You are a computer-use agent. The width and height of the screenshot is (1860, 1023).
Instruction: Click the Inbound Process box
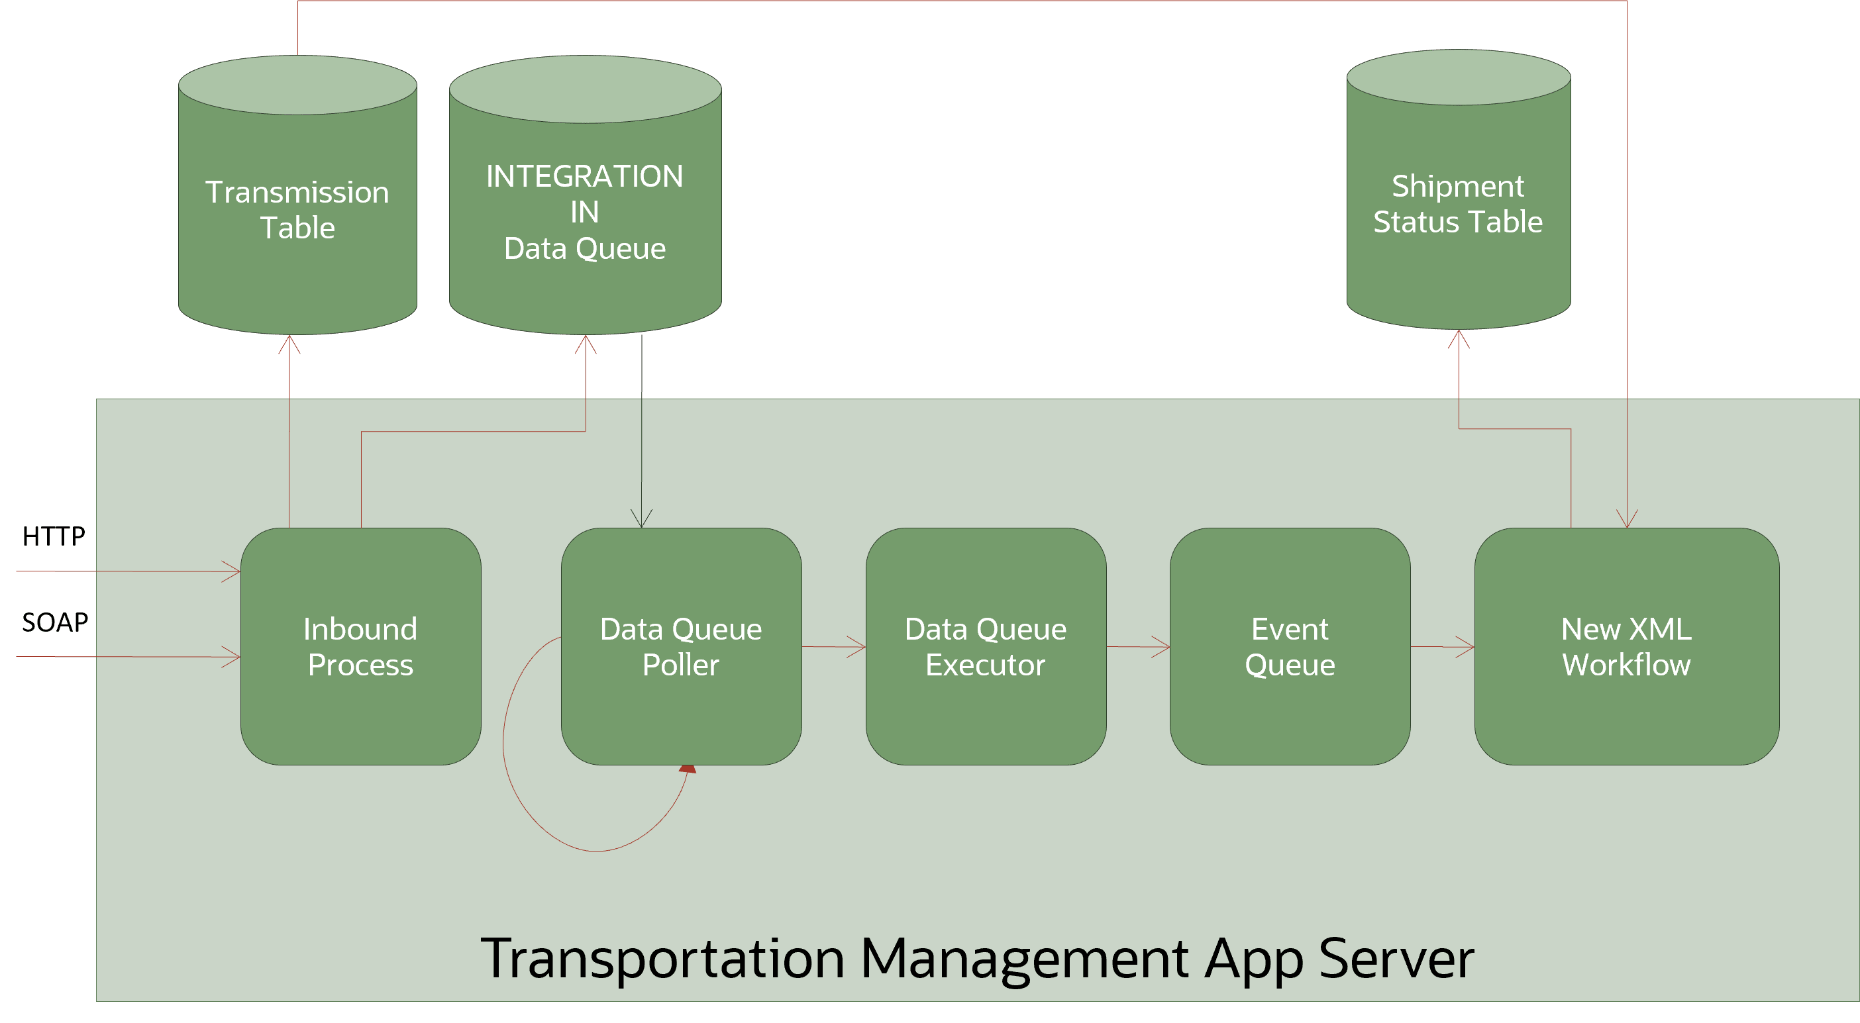point(360,646)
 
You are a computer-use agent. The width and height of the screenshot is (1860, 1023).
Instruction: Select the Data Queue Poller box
point(681,646)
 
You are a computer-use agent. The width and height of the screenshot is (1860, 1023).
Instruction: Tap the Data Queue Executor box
point(986,646)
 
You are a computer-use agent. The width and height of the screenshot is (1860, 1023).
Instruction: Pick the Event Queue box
point(1290,646)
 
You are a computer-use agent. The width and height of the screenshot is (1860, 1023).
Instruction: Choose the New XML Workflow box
point(1626,646)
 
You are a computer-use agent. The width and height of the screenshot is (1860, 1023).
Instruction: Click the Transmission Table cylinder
point(297,209)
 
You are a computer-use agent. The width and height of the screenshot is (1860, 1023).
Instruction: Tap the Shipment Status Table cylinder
point(1458,203)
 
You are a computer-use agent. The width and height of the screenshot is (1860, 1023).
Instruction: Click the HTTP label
point(54,536)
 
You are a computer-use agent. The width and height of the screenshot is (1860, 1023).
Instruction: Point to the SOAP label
point(55,622)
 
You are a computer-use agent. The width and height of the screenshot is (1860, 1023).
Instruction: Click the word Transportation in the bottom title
point(662,959)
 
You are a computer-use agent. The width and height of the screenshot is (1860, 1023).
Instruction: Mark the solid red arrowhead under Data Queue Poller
point(688,769)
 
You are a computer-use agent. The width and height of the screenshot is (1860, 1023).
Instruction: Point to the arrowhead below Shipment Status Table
point(1459,338)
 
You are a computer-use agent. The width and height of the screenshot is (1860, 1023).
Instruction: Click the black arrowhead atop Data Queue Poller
point(641,519)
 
